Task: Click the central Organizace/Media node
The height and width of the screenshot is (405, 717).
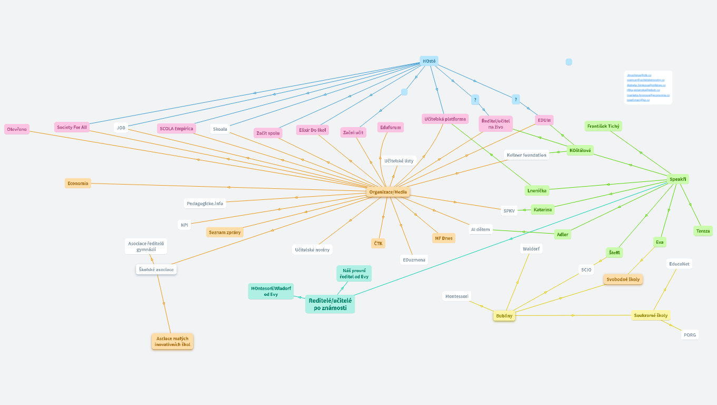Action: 388,192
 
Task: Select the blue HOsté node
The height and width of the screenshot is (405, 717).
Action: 429,61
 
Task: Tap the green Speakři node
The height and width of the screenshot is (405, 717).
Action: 678,179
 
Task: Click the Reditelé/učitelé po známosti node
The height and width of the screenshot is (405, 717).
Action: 330,304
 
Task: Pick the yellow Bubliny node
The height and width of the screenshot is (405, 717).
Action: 504,316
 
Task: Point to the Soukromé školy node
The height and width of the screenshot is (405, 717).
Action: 651,315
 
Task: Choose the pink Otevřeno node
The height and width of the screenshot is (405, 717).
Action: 17,129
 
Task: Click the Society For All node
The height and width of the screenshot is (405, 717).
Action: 72,127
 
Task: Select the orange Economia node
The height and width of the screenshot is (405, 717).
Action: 78,184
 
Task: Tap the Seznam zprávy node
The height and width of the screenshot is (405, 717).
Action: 225,232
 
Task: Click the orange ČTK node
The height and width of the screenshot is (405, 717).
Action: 378,243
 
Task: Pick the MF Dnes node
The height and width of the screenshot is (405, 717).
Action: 443,238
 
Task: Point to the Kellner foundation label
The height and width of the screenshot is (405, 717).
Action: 526,155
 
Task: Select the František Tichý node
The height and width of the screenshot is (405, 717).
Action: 603,126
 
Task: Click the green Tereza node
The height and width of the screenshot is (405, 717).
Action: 703,231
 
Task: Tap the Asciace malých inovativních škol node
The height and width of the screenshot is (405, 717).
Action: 172,341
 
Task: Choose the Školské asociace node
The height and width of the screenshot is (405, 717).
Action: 156,269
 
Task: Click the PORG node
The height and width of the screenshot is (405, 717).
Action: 690,335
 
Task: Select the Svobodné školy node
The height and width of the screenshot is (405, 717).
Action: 623,279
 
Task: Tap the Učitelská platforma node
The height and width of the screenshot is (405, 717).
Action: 445,119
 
